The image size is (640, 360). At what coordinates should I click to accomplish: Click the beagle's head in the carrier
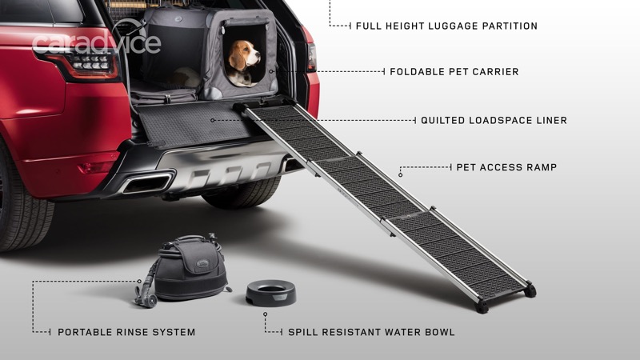click(243, 56)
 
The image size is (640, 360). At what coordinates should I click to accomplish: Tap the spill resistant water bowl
click(271, 293)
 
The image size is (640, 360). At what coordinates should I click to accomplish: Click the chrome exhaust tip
click(148, 182)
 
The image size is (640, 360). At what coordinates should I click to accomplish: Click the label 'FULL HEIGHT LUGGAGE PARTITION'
click(446, 26)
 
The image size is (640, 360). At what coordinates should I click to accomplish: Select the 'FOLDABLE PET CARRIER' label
click(454, 72)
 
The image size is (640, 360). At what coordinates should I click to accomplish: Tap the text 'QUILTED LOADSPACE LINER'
click(494, 121)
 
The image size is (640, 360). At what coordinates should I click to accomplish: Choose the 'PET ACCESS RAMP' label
click(506, 167)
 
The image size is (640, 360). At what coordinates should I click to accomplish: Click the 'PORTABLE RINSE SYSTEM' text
click(126, 332)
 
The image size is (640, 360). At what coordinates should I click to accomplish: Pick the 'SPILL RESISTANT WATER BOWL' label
click(371, 332)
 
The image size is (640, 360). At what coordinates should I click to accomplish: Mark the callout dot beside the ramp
click(401, 175)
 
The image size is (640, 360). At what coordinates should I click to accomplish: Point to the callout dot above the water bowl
click(266, 314)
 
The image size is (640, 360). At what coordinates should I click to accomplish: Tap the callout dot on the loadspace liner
click(212, 121)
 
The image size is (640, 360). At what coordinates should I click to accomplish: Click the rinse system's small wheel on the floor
click(151, 302)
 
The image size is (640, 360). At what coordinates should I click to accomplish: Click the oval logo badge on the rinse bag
click(202, 264)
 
